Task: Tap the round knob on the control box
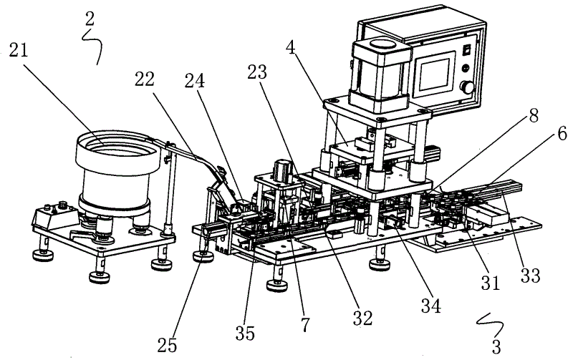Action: click(x=469, y=88)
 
